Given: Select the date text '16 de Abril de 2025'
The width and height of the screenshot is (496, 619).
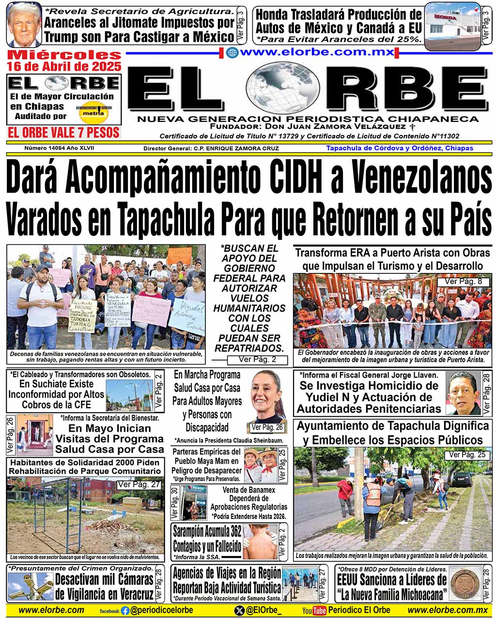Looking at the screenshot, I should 64,66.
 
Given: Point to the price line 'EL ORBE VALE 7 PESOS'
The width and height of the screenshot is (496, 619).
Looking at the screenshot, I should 64,132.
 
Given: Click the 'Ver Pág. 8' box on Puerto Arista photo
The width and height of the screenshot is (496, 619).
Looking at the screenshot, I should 460,282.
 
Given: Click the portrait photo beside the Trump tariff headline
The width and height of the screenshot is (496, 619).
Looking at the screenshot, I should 24,24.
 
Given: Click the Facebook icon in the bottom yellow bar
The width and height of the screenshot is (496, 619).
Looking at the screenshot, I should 125,611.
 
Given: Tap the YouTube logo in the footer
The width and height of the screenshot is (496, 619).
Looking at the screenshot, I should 314,611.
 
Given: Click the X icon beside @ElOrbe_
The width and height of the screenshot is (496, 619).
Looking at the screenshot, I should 239,611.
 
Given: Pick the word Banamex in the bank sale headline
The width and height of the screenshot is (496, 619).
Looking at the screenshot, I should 261,490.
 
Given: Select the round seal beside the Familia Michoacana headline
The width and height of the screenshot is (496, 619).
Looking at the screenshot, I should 465,583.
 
